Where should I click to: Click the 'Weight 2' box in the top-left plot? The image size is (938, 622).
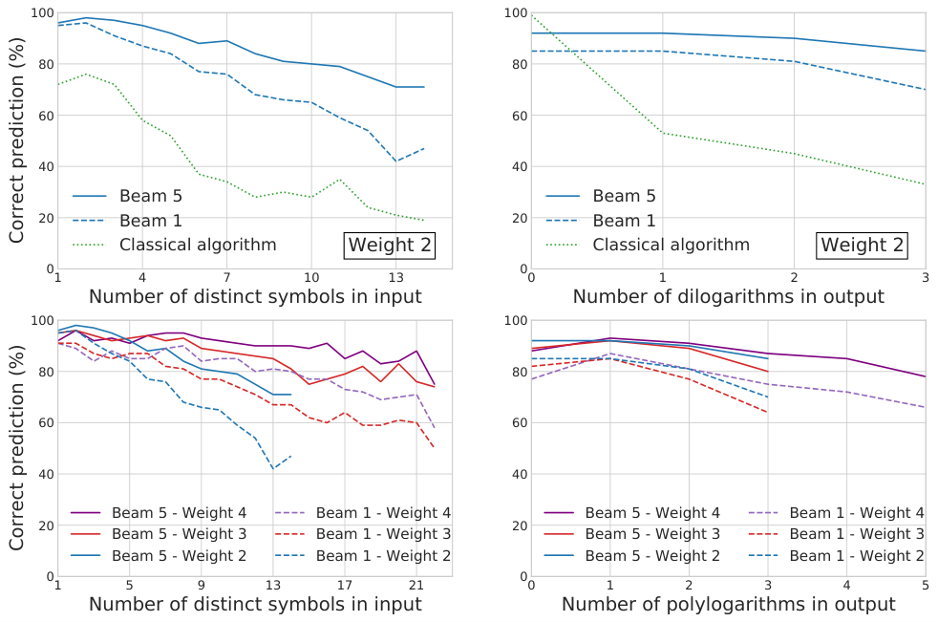point(391,245)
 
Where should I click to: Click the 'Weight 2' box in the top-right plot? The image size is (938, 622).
point(863,245)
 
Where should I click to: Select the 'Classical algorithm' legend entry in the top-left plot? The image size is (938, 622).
point(198,245)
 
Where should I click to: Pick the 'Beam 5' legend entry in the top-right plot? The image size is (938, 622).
point(624,196)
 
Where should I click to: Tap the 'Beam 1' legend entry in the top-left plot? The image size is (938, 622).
point(151,221)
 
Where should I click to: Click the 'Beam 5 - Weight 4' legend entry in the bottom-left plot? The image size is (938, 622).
point(178,513)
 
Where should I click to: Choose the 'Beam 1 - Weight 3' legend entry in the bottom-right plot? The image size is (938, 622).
point(857,534)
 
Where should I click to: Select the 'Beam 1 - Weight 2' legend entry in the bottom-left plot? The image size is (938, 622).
point(383,555)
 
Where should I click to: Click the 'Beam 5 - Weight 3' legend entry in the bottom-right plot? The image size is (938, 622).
point(652,534)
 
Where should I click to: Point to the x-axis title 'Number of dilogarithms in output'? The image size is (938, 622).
point(728,296)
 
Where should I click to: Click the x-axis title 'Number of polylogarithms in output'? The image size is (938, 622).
point(728,604)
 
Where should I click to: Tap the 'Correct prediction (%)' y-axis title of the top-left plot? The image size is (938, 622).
point(17,140)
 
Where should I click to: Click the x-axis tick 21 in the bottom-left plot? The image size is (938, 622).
point(416,584)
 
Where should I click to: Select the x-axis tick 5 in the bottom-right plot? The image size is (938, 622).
point(925,584)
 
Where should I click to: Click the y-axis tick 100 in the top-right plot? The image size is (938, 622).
point(515,13)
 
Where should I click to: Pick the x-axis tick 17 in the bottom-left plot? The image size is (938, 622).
point(345,584)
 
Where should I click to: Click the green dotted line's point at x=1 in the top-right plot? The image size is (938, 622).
point(663,133)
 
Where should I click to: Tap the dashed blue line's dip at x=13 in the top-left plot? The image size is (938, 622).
point(394,161)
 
